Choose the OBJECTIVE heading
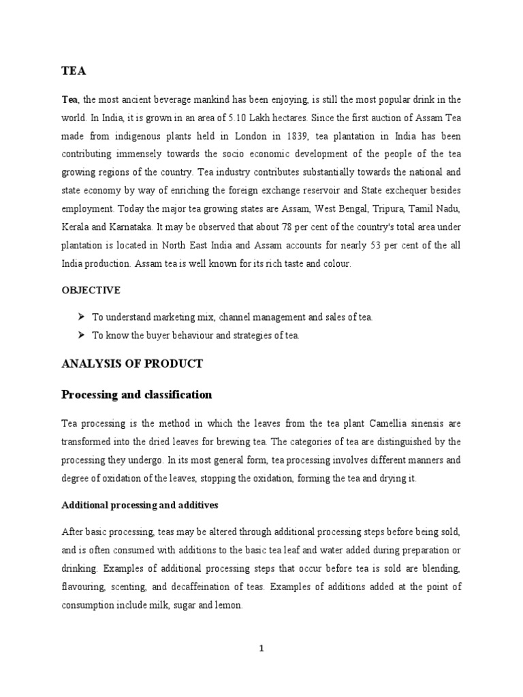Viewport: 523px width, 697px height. [x=91, y=290]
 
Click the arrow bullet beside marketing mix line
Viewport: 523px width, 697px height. [x=81, y=317]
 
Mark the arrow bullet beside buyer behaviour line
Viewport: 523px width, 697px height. [x=81, y=335]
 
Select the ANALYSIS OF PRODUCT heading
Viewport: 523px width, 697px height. [x=131, y=363]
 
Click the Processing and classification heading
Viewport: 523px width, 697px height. [x=136, y=395]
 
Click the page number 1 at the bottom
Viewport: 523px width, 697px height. [x=261, y=649]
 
